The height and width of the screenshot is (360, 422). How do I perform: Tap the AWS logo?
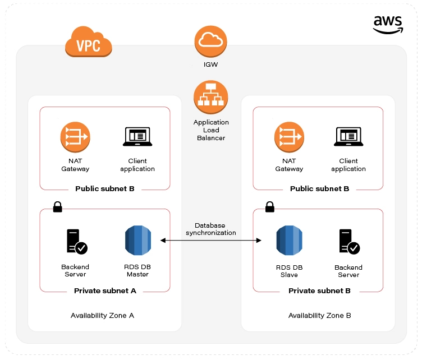click(x=388, y=25)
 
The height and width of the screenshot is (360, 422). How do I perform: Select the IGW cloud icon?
click(x=211, y=41)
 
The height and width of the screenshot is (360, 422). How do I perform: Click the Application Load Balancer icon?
click(x=211, y=98)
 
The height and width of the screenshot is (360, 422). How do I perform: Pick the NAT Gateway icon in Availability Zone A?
click(x=75, y=137)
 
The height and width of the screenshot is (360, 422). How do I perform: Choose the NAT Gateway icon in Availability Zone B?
click(x=290, y=137)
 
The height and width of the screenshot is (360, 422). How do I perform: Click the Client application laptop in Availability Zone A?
click(x=137, y=137)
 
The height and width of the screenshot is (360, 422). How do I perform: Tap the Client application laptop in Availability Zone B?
click(x=348, y=137)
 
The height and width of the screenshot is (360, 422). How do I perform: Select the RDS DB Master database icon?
click(x=138, y=241)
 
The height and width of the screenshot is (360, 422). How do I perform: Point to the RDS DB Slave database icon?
click(x=290, y=241)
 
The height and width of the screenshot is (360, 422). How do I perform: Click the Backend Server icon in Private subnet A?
click(x=77, y=242)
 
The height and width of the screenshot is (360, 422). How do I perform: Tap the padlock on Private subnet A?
click(x=58, y=207)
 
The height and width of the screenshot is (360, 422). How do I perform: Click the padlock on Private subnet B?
click(x=270, y=207)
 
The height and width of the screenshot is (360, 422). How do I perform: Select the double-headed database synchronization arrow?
click(x=211, y=241)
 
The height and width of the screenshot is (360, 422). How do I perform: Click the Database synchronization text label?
click(x=211, y=229)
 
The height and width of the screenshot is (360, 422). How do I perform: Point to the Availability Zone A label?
click(x=102, y=315)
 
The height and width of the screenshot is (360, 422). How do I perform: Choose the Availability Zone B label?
click(x=320, y=315)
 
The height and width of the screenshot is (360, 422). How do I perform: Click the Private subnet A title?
click(x=105, y=290)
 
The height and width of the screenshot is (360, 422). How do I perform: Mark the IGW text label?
click(x=211, y=64)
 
